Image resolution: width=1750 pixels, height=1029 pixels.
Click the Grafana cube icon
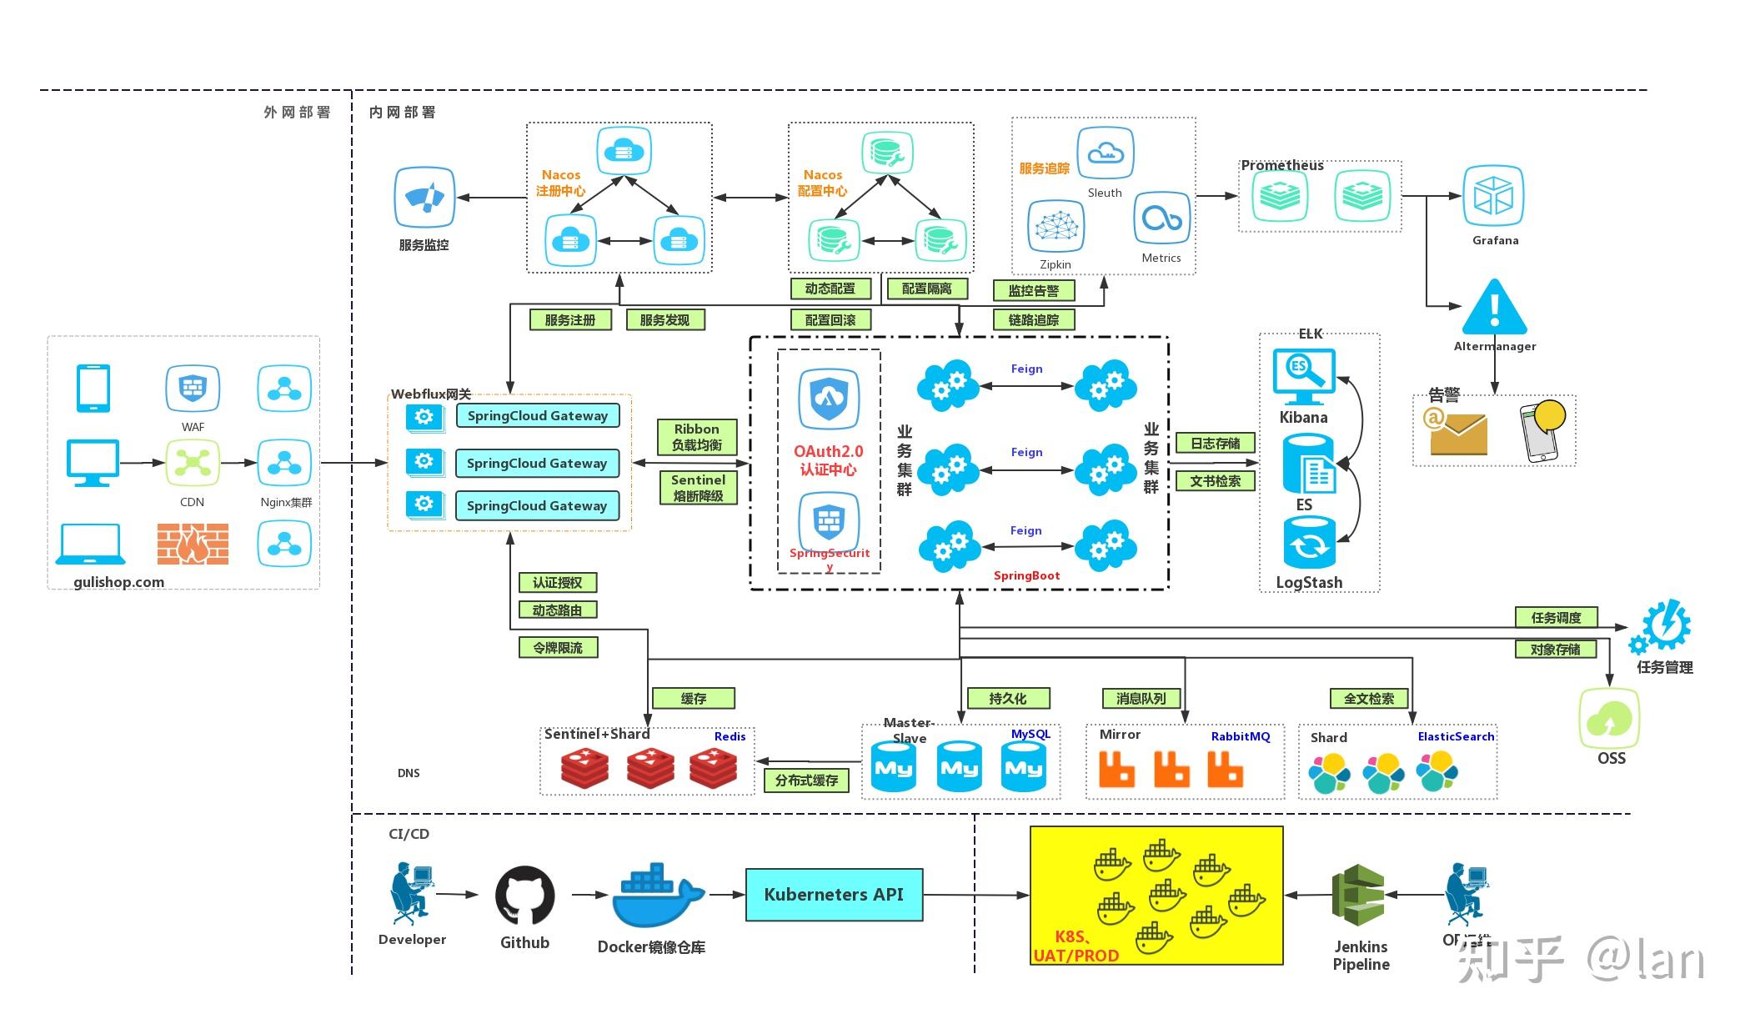pos(1493,197)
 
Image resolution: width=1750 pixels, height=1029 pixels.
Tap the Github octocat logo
pos(524,896)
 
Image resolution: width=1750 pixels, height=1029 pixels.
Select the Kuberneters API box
pos(834,895)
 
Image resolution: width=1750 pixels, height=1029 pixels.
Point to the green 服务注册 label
pos(570,320)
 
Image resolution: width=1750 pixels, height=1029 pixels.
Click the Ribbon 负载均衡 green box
pos(697,437)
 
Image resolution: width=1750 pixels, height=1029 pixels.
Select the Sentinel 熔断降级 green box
pos(698,488)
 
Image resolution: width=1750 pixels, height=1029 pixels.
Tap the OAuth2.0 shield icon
pos(828,399)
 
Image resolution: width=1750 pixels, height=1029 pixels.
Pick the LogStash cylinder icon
pos(1309,543)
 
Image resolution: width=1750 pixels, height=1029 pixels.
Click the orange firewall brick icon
pos(193,544)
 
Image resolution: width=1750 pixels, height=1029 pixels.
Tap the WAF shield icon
pos(193,389)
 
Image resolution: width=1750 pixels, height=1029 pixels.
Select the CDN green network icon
pos(193,462)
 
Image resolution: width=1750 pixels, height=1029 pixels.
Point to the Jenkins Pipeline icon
pos(1358,896)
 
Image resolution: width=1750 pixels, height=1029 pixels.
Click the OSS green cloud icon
pos(1609,719)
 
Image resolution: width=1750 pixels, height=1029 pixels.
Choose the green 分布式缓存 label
pos(806,781)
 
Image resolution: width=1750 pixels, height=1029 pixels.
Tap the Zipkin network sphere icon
pos(1056,227)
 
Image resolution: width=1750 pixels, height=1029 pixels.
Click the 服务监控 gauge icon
pos(424,198)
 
